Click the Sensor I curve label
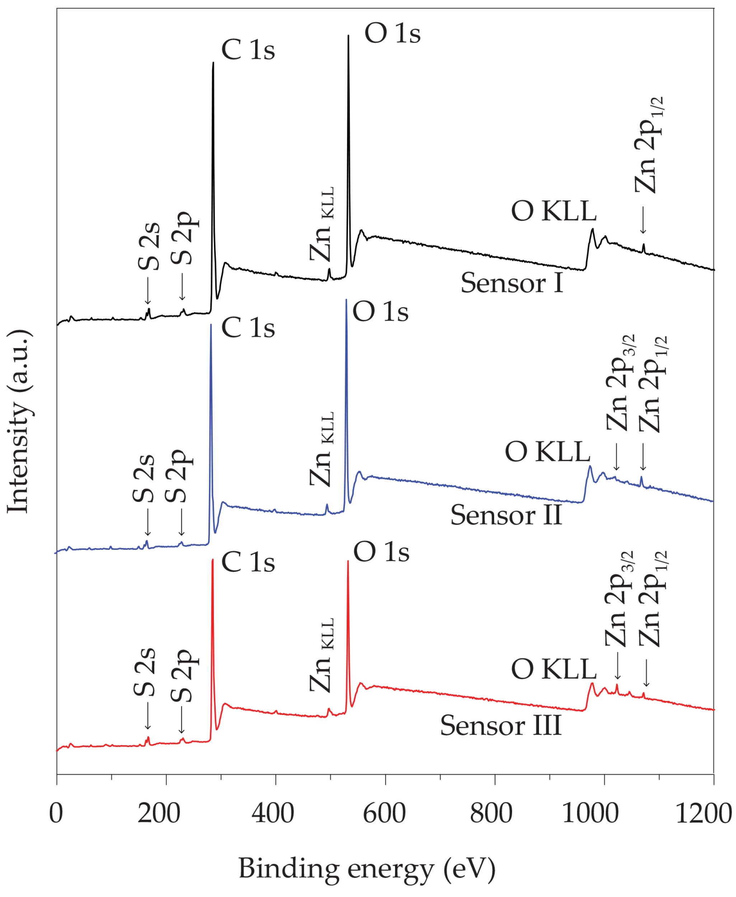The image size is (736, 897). tap(512, 283)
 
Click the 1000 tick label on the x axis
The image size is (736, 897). tap(591, 813)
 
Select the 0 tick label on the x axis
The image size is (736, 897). tap(56, 813)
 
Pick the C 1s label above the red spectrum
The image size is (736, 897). tap(248, 562)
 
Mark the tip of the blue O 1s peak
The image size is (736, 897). tap(346, 300)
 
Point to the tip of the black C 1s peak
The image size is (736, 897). tap(213, 63)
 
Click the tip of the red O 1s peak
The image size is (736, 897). tap(348, 561)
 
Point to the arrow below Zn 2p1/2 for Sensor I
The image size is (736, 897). tap(643, 220)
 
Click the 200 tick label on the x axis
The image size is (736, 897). tap(159, 813)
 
